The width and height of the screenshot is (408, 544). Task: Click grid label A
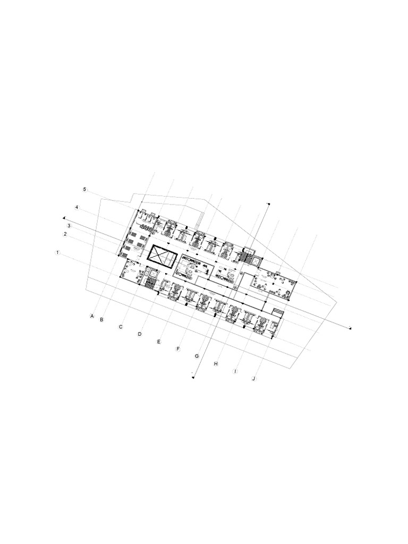point(92,316)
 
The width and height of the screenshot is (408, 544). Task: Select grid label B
point(101,319)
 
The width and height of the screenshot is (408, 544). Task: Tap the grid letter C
point(121,327)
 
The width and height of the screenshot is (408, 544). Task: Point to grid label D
point(140,334)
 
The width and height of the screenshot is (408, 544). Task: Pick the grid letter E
point(158,342)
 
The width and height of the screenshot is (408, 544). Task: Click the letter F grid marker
point(178,349)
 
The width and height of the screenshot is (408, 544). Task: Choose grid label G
point(197,356)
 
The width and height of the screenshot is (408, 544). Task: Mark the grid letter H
point(216,364)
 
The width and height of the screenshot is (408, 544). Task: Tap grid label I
point(235,371)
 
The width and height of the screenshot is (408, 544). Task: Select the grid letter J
point(254,379)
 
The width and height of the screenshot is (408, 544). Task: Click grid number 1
point(57,252)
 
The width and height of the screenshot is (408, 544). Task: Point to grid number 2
point(65,234)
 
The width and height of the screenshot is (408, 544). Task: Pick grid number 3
point(69,225)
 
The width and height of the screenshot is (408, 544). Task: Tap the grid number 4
point(76,207)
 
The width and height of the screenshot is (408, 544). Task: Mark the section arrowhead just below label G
point(193,378)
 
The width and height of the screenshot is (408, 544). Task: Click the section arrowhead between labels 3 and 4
point(64,217)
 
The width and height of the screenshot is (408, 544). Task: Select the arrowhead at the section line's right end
point(351,329)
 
